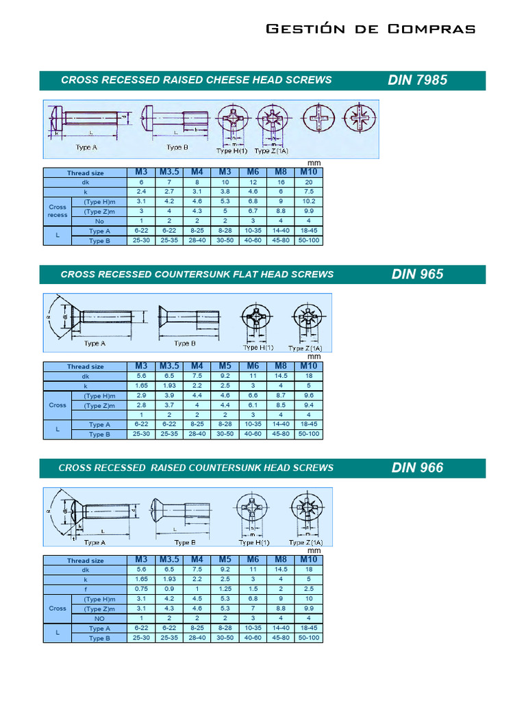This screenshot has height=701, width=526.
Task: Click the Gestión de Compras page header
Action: coord(370,29)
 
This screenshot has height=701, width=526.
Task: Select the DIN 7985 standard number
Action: coord(417,80)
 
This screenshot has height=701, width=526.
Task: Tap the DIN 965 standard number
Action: coord(417,275)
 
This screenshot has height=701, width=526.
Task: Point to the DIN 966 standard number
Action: coord(417,468)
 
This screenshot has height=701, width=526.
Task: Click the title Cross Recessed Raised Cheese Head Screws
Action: coord(196,80)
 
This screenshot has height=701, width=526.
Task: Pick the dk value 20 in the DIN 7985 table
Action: coord(309,183)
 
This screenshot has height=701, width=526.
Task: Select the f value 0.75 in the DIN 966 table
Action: coord(141,589)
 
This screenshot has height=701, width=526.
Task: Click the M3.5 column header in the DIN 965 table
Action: coord(169,366)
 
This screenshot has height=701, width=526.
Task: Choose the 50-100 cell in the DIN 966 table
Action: coord(309,638)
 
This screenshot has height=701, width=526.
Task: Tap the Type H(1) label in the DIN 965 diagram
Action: coord(260,348)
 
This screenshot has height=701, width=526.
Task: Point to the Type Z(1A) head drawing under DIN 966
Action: coord(305,511)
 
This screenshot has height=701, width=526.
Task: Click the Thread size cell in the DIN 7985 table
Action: coord(85,173)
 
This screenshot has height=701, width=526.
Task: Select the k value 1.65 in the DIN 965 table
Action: coord(141,386)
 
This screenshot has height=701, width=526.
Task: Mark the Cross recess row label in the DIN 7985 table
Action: coord(58,211)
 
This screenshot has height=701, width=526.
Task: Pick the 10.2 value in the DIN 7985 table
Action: coord(309,202)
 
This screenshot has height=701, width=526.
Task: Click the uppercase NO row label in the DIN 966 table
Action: coord(99,618)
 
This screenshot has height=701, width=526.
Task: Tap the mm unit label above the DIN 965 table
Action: coord(314,357)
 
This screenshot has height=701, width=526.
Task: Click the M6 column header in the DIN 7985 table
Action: coord(253,173)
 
